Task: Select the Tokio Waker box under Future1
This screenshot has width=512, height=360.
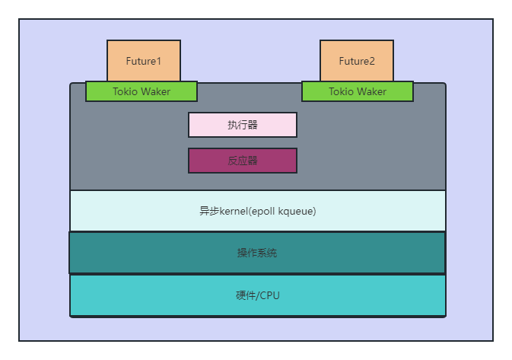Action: pyautogui.click(x=142, y=91)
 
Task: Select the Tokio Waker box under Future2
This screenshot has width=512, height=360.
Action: pyautogui.click(x=358, y=91)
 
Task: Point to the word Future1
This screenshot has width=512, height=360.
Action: pyautogui.click(x=144, y=61)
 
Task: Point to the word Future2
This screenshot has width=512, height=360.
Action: pyautogui.click(x=357, y=61)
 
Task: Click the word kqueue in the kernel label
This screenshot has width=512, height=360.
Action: pyautogui.click(x=297, y=212)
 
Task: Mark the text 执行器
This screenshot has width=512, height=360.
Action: pyautogui.click(x=243, y=125)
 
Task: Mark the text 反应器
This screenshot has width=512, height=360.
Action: pyautogui.click(x=243, y=161)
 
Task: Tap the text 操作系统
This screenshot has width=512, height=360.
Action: pyautogui.click(x=257, y=253)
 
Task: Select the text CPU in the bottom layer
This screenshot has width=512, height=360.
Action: pyautogui.click(x=269, y=295)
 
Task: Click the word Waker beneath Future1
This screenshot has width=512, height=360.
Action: pyautogui.click(x=156, y=91)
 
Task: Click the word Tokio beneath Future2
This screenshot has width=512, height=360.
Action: pyautogui.click(x=342, y=91)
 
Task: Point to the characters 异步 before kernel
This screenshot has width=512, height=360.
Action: pyautogui.click(x=209, y=212)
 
